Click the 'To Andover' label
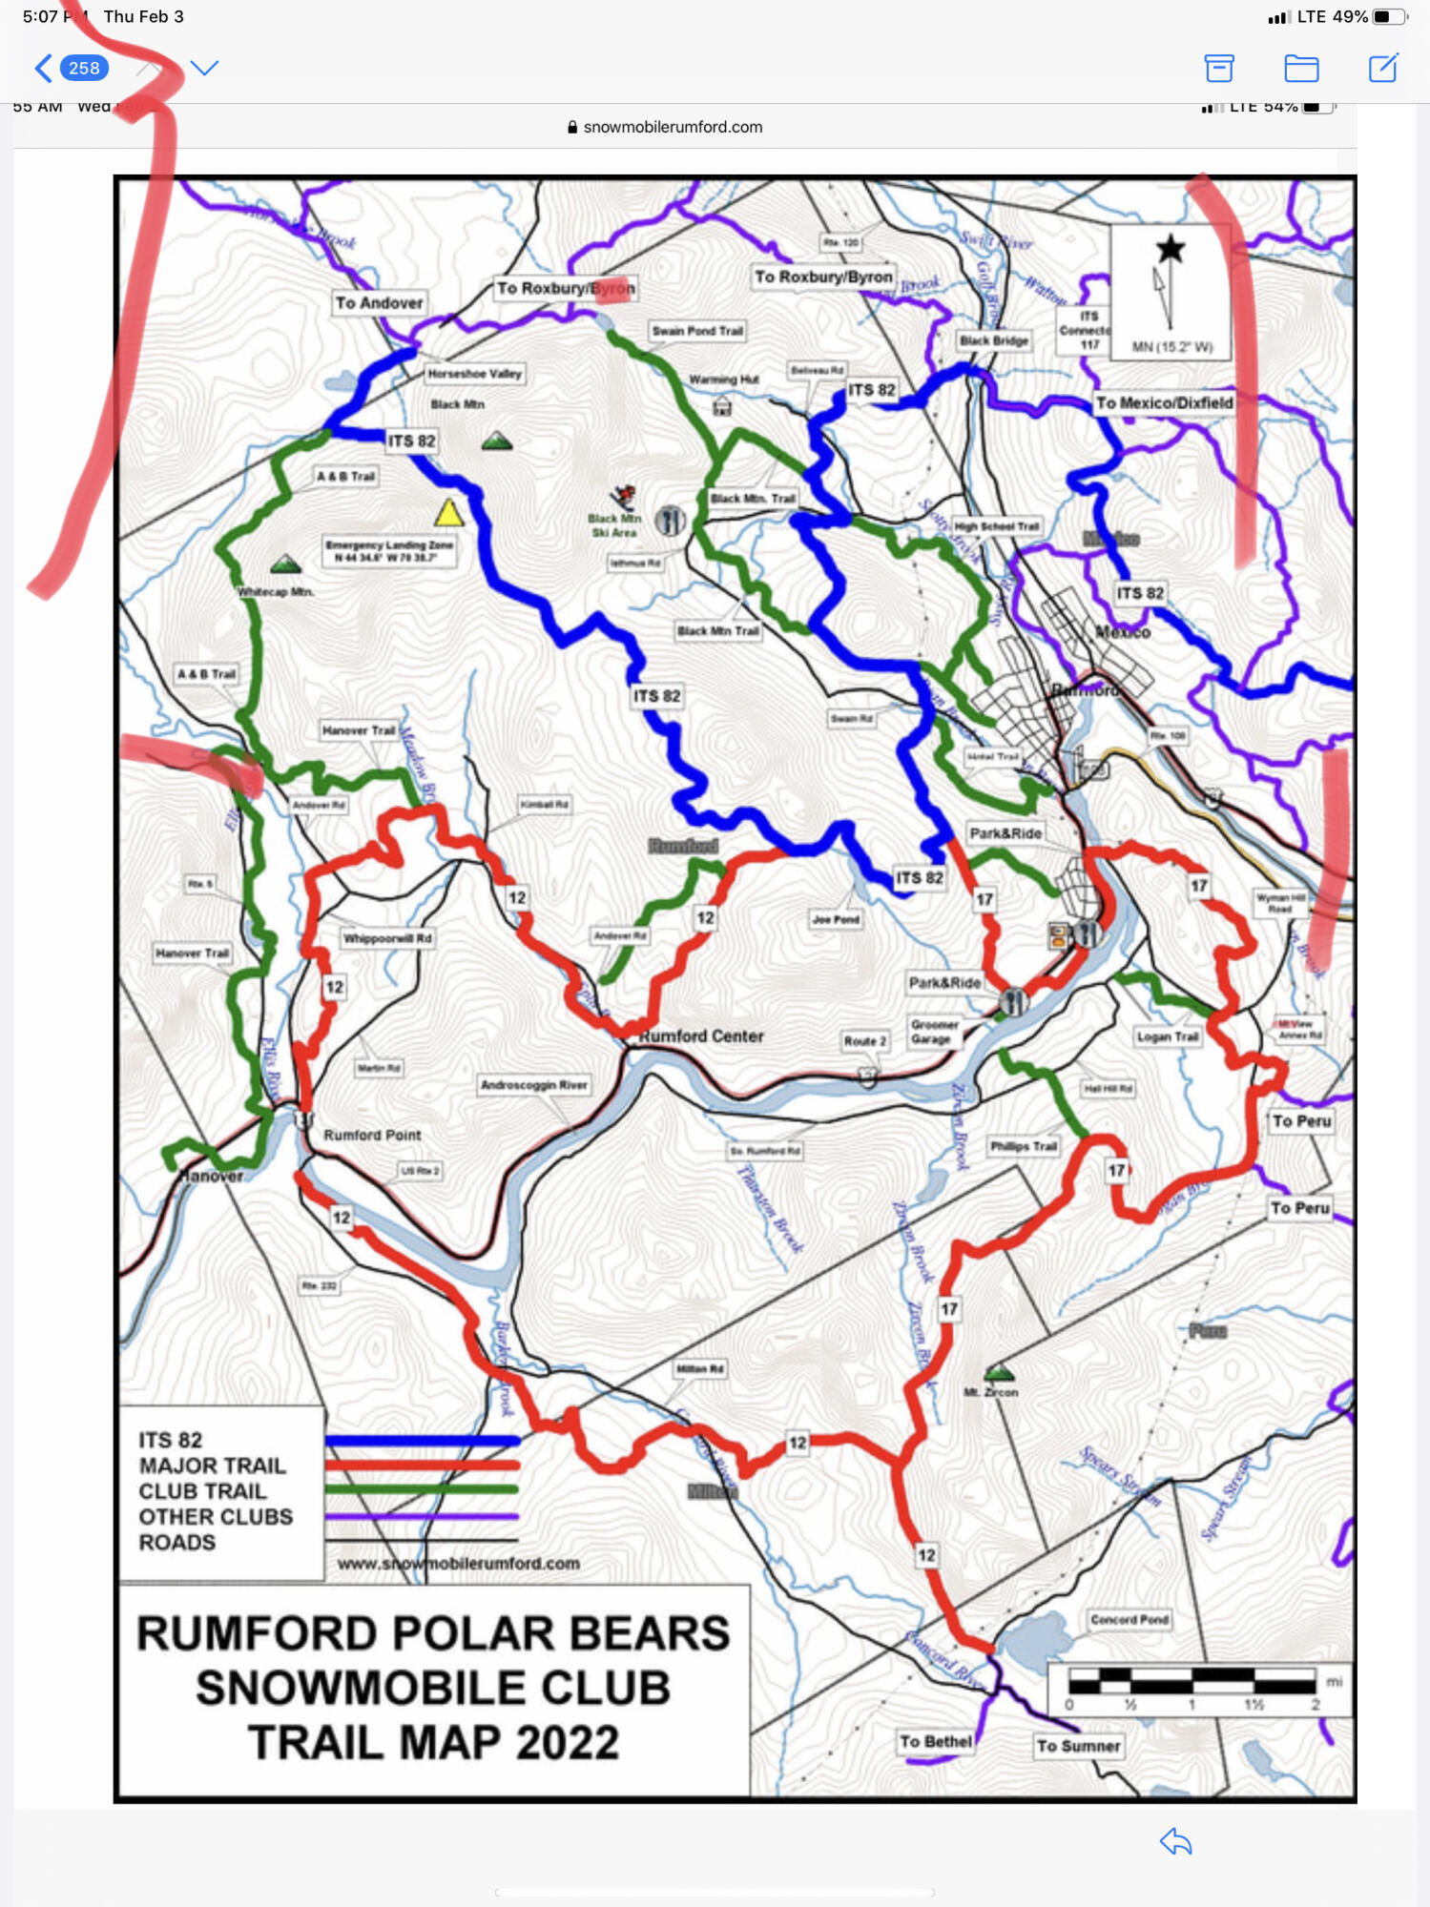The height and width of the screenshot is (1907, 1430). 379,303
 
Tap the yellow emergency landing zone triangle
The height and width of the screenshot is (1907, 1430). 448,513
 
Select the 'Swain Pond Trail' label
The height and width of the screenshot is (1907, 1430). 697,331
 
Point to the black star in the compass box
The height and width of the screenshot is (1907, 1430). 1171,250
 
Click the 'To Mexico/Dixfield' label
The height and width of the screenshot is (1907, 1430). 1164,403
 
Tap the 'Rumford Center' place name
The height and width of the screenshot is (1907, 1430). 701,1036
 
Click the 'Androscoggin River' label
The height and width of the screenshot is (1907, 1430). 534,1085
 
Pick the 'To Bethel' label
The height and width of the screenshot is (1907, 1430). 935,1742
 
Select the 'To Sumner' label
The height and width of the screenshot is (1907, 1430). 1079,1746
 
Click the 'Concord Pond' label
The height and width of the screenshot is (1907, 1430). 1129,1619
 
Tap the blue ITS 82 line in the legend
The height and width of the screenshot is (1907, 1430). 423,1441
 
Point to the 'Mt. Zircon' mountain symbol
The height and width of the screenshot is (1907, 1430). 999,1373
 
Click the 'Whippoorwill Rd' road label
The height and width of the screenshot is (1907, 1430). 387,938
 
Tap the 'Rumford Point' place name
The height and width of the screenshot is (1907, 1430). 372,1136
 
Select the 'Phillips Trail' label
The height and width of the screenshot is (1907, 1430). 1024,1146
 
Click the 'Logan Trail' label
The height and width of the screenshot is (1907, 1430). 1168,1036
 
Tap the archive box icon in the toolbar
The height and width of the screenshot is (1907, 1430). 1219,68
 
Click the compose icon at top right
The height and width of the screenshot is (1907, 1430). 1383,68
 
